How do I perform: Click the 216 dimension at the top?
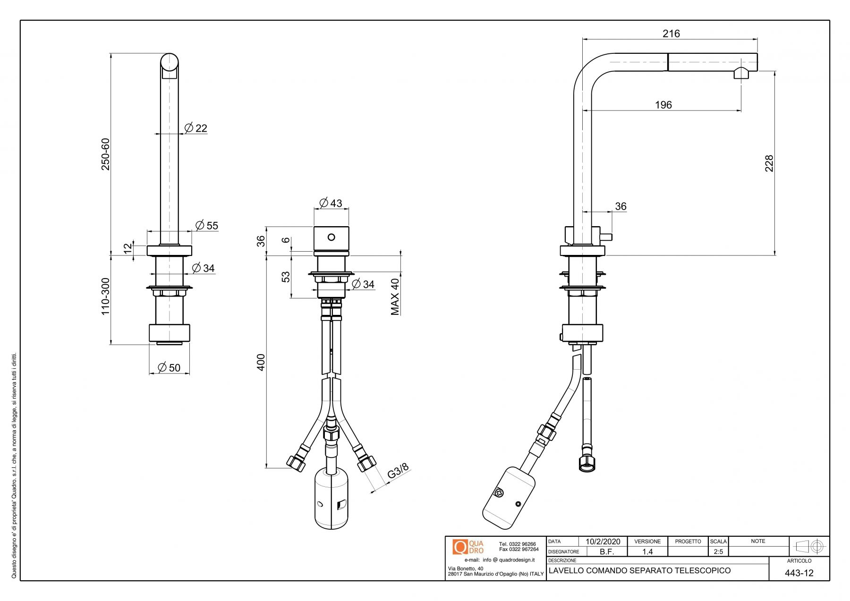671,34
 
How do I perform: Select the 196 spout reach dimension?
663,105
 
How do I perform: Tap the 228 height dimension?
769,163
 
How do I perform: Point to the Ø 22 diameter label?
196,128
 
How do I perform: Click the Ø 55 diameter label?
207,225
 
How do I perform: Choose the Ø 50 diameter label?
169,367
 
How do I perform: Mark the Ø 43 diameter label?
331,203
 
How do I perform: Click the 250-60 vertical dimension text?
105,154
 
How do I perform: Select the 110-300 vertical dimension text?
105,296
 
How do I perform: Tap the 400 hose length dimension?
261,362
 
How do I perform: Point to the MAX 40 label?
395,296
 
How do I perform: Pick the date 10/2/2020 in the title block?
603,542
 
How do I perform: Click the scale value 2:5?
718,551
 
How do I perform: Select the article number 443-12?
799,573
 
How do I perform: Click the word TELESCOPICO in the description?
702,570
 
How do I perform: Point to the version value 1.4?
647,551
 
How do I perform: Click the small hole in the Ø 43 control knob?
331,237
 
